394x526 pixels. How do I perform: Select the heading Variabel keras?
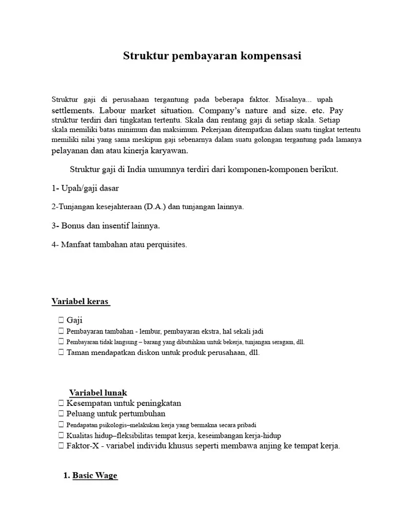80,302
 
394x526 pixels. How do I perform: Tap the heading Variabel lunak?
98,393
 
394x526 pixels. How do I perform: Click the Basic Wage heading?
94,476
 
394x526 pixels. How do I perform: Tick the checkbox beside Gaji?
61,321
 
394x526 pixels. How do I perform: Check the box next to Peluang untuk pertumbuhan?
61,414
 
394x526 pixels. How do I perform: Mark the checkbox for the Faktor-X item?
61,446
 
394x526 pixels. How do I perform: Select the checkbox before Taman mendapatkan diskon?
61,352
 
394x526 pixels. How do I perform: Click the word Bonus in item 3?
72,226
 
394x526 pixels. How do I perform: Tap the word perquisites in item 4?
167,245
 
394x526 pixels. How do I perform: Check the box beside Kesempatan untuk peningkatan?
61,403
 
